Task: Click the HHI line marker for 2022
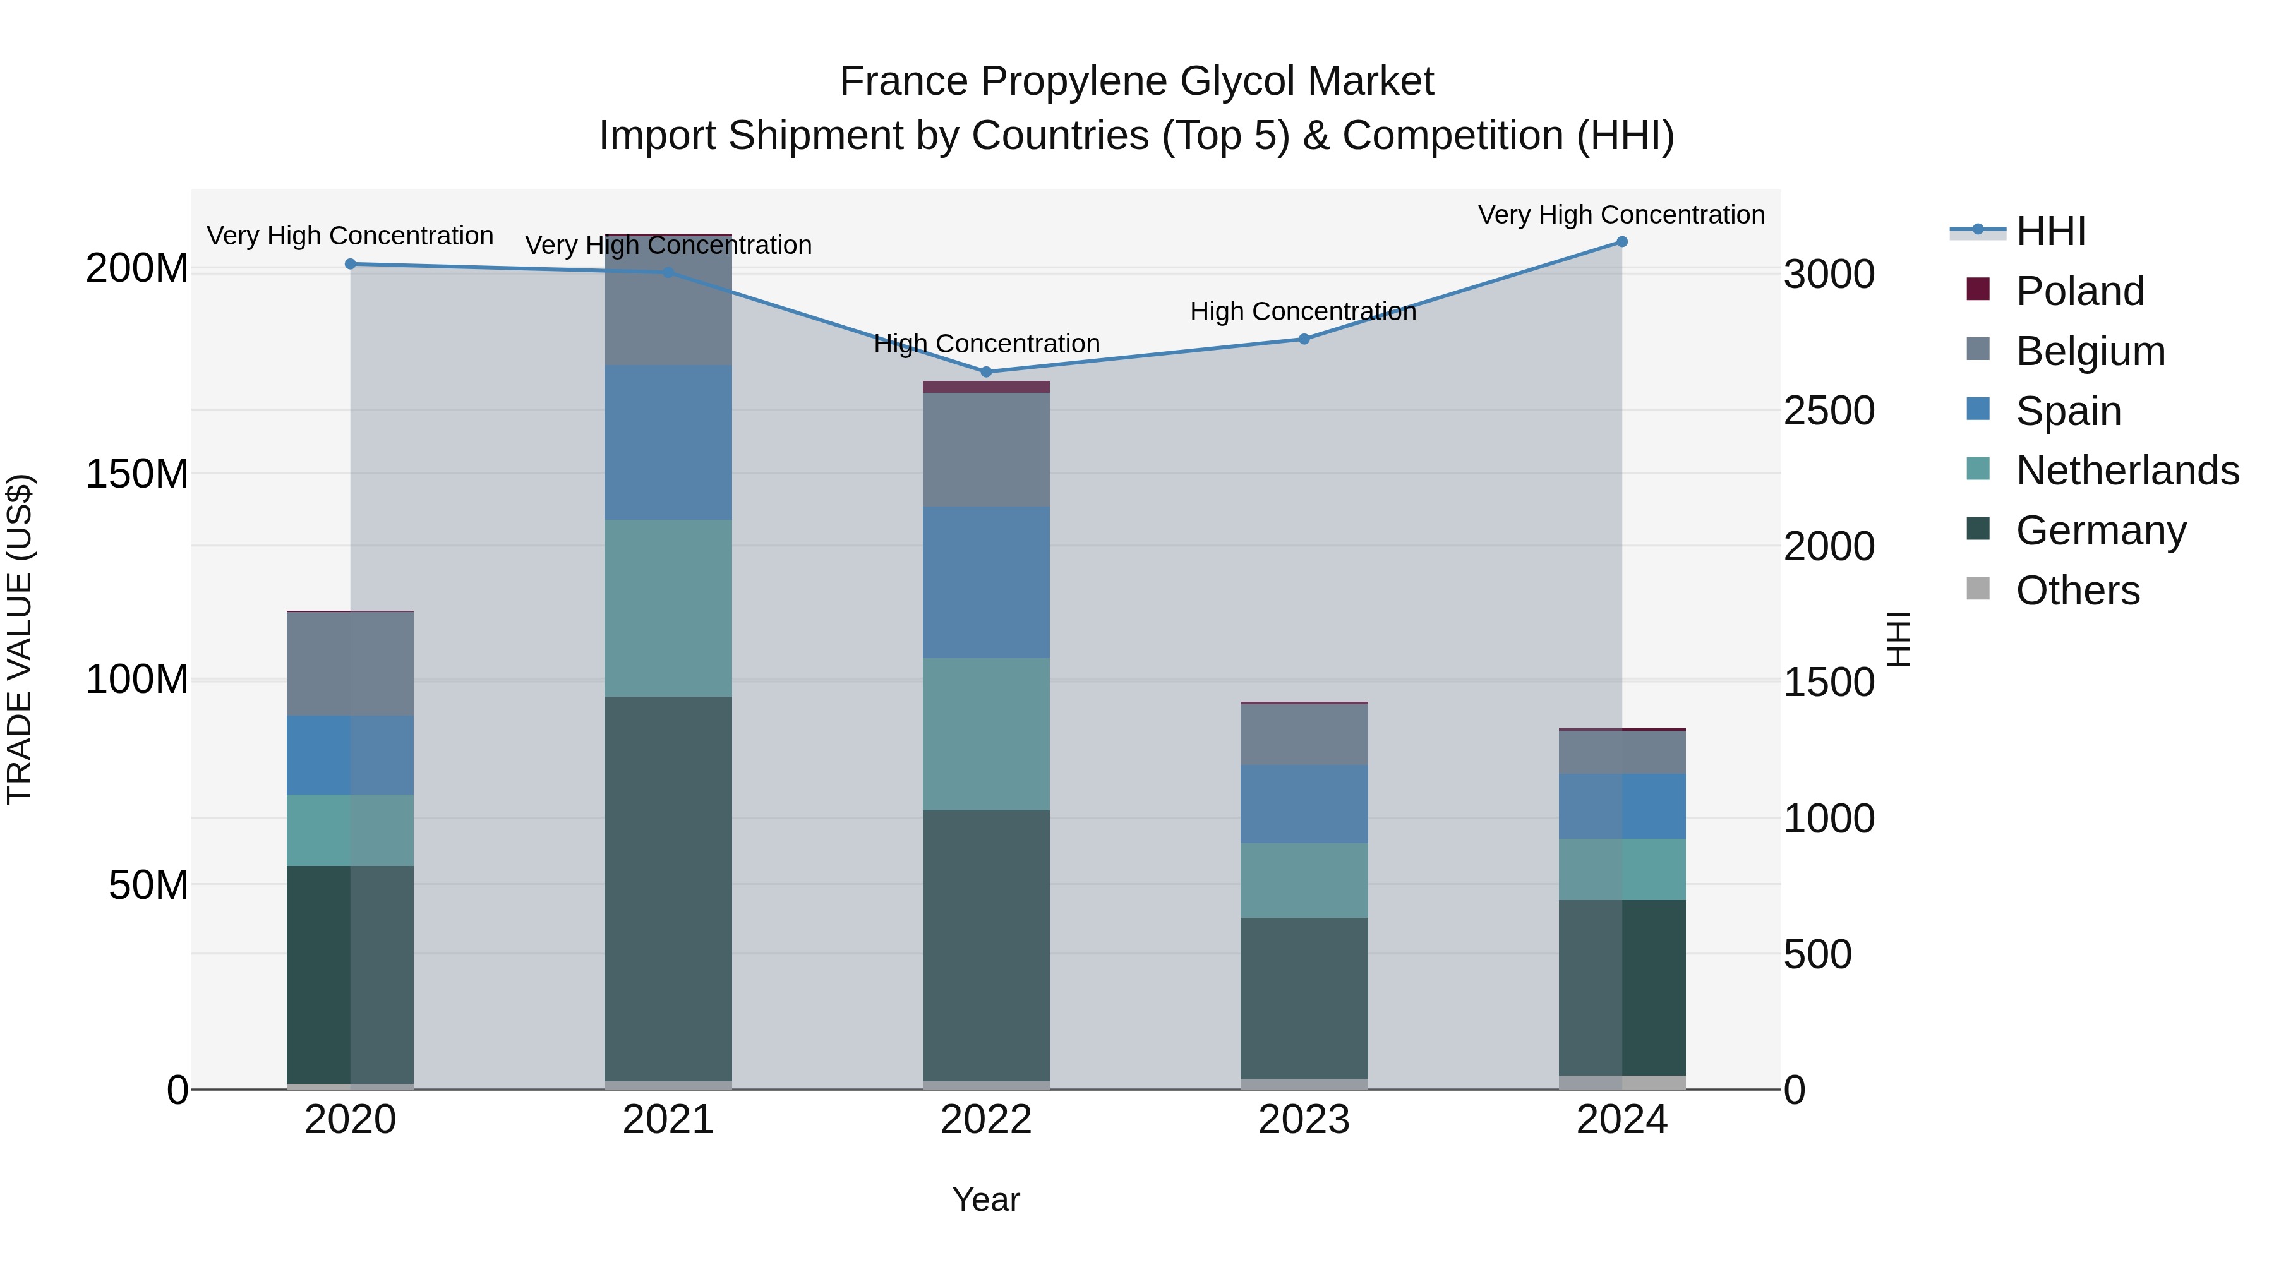tap(986, 371)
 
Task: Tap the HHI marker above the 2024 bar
tap(1621, 242)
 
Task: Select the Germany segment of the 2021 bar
tap(668, 887)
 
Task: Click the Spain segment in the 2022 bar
tap(986, 582)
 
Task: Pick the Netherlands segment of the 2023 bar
tap(1304, 880)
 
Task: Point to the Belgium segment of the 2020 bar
tap(351, 663)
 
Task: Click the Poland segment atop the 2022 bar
tap(986, 387)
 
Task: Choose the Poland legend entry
tap(2079, 291)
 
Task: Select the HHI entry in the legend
tap(2050, 231)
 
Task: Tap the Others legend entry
tap(2077, 591)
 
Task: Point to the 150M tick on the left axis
tap(137, 474)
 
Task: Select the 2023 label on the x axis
tap(1304, 1120)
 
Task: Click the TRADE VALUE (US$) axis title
tap(20, 639)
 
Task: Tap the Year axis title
tap(986, 1199)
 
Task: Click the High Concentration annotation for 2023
tap(1303, 311)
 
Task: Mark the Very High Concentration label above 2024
tap(1621, 215)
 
